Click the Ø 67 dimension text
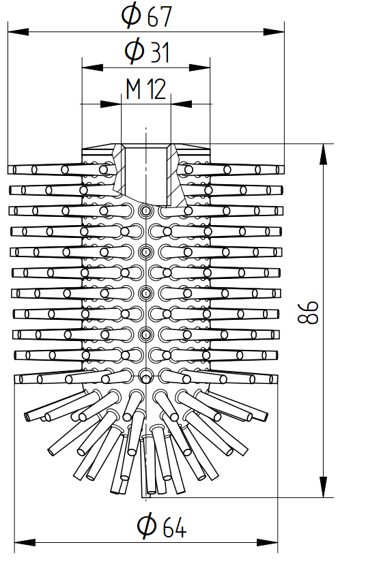(147, 15)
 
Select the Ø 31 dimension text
(147, 51)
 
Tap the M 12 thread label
(146, 89)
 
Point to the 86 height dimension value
(308, 312)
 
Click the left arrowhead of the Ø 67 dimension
(18, 32)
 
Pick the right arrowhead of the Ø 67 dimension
(274, 32)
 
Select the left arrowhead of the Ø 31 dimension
(92, 68)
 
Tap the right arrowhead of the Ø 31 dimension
(199, 68)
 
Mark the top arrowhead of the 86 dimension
(323, 154)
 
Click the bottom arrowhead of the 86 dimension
(323, 487)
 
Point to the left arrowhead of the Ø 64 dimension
(25, 542)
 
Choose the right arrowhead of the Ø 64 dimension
(267, 542)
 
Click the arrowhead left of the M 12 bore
(111, 104)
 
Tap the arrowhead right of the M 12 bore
(182, 104)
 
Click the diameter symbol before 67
(132, 16)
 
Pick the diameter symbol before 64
(147, 526)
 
